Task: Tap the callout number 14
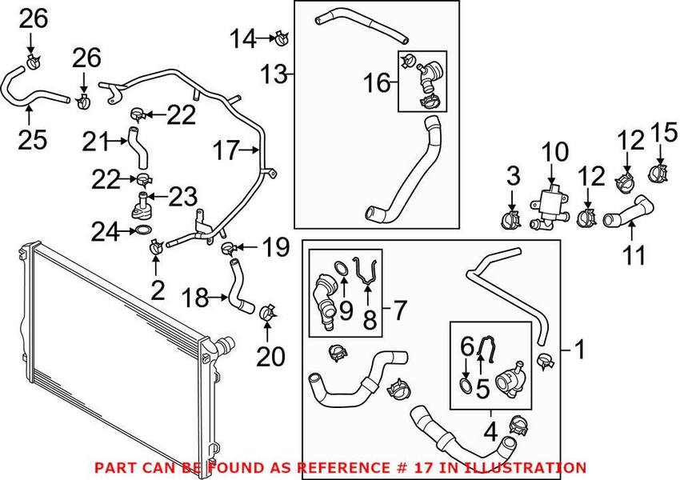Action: [245, 36]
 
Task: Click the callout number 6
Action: [466, 346]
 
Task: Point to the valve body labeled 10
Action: [550, 202]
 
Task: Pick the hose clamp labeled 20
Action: [268, 310]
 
